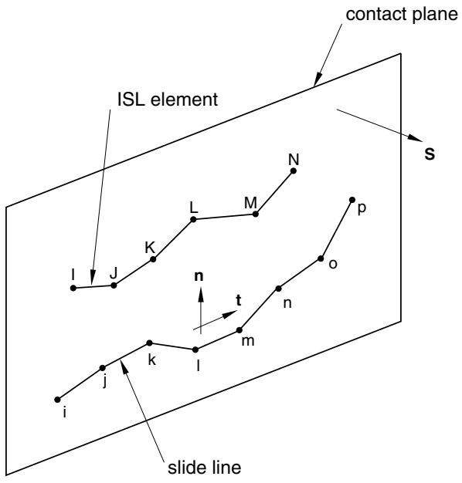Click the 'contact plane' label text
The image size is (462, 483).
[402, 15]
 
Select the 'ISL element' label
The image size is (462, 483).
[168, 100]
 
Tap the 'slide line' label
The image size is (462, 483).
[204, 468]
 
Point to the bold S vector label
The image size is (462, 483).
[430, 154]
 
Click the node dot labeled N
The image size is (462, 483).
[294, 171]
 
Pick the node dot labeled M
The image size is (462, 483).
[256, 214]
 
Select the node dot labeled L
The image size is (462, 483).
[193, 219]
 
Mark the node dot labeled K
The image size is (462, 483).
[153, 259]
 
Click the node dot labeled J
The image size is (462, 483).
[114, 285]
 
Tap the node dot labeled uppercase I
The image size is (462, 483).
[73, 288]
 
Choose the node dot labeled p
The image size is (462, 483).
[352, 200]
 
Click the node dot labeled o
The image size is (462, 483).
[321, 258]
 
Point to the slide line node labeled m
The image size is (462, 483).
[239, 330]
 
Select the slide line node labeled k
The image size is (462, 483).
[149, 343]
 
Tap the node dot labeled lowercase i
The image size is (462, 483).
[57, 400]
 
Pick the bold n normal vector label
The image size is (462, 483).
[199, 276]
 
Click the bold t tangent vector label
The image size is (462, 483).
[239, 300]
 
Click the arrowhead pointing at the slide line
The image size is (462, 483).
[124, 366]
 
